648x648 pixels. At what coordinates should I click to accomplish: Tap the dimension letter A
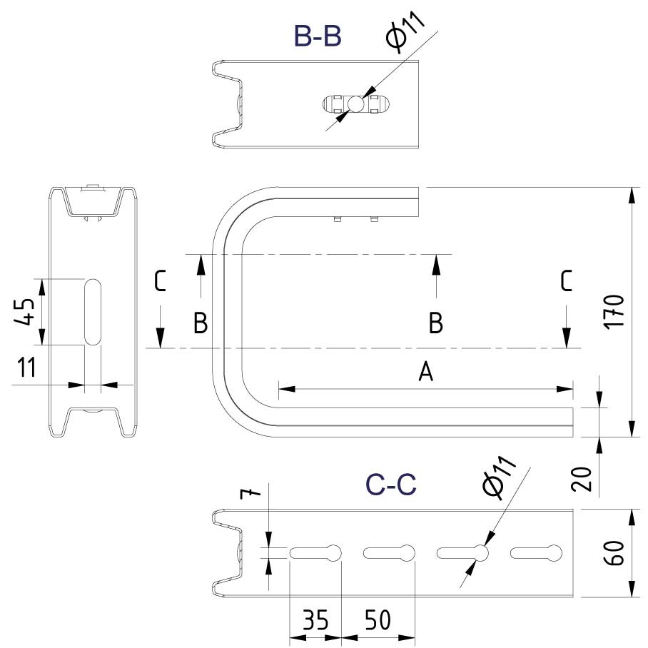tap(426, 371)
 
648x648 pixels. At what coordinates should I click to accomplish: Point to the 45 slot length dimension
tap(25, 312)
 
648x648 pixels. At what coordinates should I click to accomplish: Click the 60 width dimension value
tap(615, 553)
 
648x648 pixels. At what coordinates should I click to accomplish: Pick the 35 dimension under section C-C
tap(315, 620)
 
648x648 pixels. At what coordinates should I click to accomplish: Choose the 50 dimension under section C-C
tap(378, 620)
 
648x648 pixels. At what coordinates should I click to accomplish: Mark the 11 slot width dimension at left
tap(26, 368)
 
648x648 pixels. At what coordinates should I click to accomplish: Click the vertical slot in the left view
tap(93, 312)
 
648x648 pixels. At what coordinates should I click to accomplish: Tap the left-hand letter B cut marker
tap(201, 323)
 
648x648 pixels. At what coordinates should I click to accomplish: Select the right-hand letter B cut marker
tap(435, 323)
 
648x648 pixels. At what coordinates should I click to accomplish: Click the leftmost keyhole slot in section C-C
tap(315, 552)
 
